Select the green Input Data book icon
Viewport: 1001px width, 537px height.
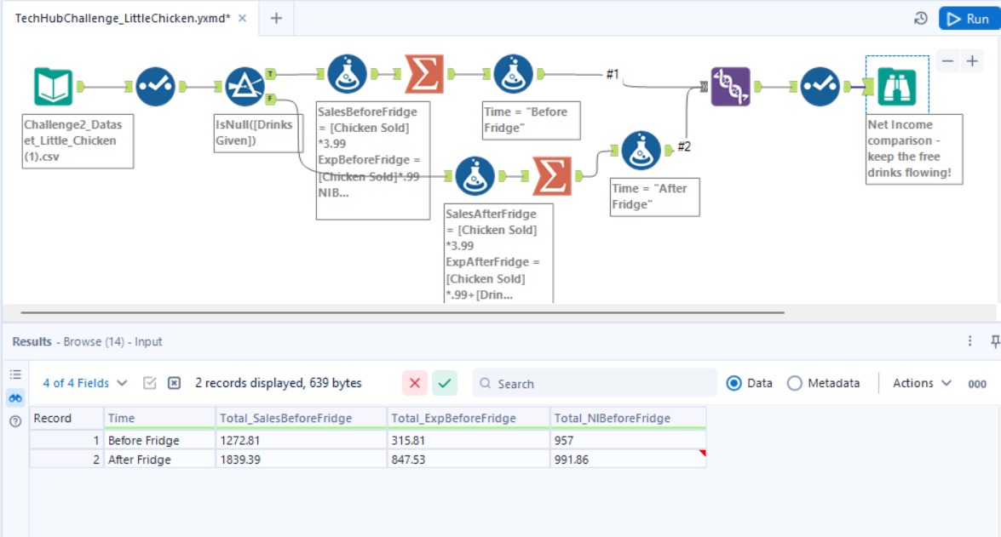coord(53,86)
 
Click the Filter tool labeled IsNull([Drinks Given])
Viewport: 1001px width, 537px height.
coord(245,86)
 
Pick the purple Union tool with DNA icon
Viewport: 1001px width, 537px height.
coord(730,86)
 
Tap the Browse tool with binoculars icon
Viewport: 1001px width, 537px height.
coord(897,86)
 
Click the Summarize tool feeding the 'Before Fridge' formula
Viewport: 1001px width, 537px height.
coord(424,74)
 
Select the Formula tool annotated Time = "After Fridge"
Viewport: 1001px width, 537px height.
coord(641,150)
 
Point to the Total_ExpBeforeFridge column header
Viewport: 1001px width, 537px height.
coord(469,418)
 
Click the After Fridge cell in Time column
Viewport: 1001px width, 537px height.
coord(160,460)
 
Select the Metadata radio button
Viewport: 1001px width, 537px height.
coord(795,383)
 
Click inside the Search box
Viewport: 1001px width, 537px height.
coord(596,383)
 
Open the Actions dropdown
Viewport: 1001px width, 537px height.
coord(922,383)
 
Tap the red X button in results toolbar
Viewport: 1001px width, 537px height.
coord(415,383)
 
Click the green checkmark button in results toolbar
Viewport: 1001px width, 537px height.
coord(445,383)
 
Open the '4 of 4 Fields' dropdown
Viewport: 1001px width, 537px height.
coord(85,383)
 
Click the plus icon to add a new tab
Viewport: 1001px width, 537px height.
coord(276,18)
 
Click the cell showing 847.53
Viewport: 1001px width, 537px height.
coord(469,460)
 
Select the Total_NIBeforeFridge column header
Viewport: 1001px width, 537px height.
coord(628,418)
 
